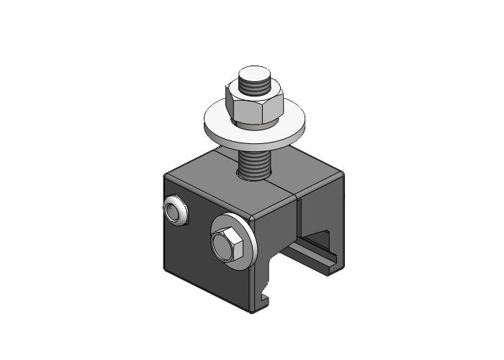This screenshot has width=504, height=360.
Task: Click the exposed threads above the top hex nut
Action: [x=255, y=86]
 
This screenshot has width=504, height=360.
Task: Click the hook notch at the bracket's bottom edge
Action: [x=266, y=294]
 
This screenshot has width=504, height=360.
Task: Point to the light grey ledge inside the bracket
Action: [x=317, y=257]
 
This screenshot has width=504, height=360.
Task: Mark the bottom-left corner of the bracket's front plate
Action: [x=167, y=271]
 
